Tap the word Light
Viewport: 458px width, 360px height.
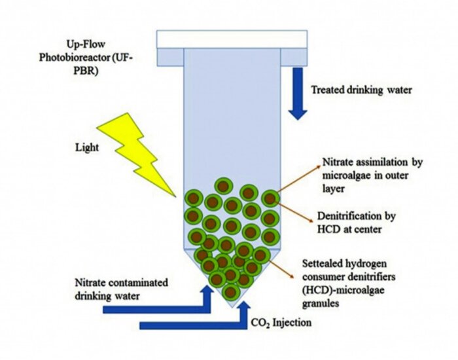coord(87,147)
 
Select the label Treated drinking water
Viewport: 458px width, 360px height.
coord(362,90)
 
